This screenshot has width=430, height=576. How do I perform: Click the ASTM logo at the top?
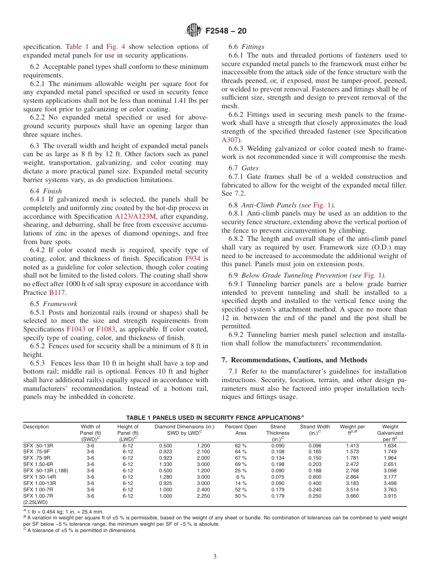193,31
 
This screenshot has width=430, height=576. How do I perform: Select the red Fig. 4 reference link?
114,47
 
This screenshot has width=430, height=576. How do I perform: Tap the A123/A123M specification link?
135,216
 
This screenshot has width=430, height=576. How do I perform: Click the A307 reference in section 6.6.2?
230,140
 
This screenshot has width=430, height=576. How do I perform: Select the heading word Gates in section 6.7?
250,168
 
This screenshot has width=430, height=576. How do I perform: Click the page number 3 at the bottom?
215,556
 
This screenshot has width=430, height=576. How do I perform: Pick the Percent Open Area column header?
240,430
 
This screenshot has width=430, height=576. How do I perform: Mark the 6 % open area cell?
240,477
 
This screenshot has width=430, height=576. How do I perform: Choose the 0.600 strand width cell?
315,477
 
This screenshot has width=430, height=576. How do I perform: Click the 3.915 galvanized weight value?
390,496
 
